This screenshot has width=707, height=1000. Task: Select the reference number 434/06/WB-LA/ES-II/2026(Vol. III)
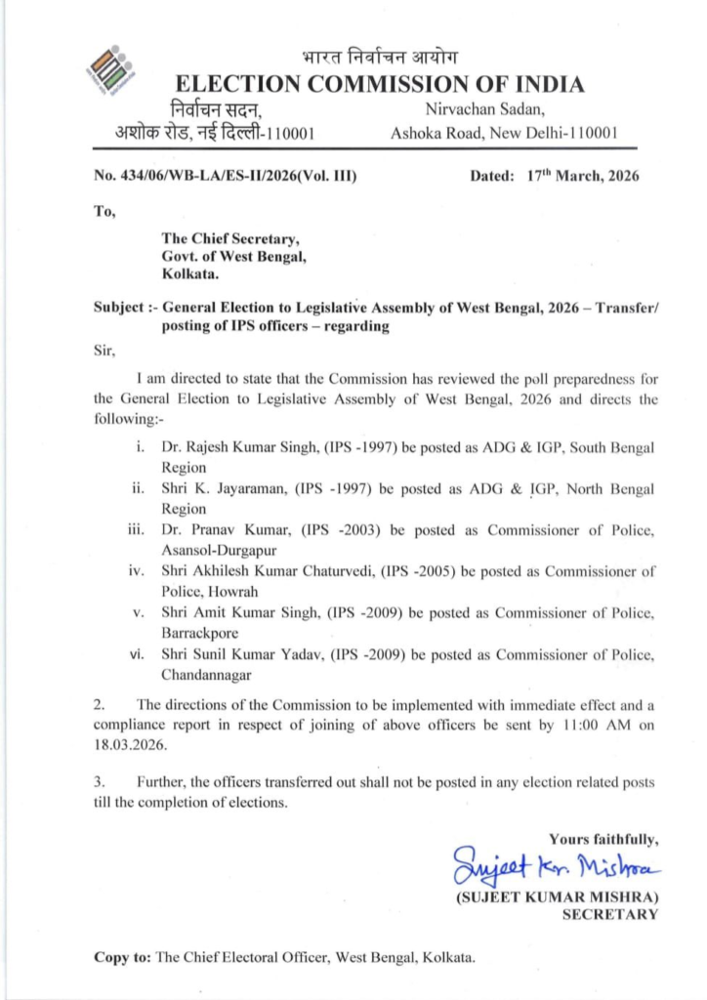pyautogui.click(x=225, y=177)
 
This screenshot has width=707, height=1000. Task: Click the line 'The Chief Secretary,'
pyautogui.click(x=230, y=237)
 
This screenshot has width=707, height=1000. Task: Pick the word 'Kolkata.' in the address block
pyautogui.click(x=190, y=274)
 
